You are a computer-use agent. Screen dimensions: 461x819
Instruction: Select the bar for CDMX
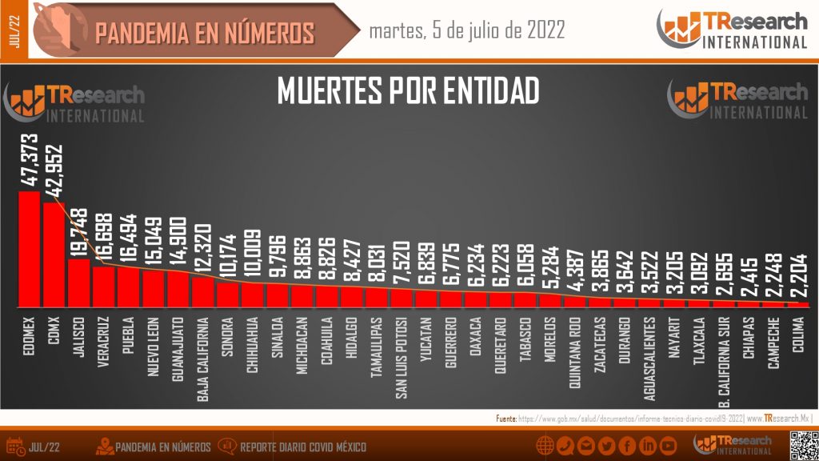coord(54,256)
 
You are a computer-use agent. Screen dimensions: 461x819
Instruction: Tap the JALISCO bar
coord(78,284)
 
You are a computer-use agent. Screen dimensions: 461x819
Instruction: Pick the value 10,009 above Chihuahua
coord(252,255)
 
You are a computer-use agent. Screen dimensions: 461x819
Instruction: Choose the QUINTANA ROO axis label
coord(573,351)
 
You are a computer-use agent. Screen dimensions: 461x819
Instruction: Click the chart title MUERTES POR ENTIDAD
coord(408,90)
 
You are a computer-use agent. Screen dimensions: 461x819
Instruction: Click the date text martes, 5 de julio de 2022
coord(467,30)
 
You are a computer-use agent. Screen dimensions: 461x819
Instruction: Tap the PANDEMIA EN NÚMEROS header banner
coord(204,32)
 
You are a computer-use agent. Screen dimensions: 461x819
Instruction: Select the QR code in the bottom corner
coord(802,445)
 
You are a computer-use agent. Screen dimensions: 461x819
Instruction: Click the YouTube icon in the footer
coord(668,446)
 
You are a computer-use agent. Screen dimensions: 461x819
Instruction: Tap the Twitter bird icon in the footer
coord(606,446)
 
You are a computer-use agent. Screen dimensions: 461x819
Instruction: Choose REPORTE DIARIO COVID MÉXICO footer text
coord(303,447)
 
